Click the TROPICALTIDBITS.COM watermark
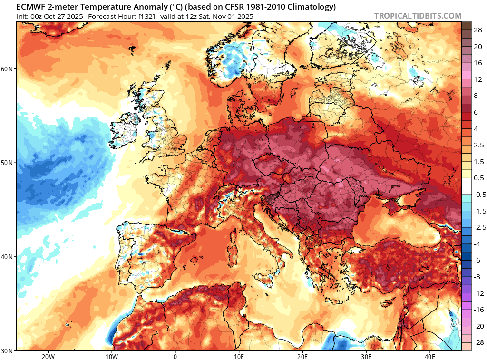coord(418,16)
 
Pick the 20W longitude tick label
coord(48,356)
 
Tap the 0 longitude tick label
coord(175,356)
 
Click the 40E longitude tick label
coord(429,356)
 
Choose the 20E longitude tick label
coord(302,356)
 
